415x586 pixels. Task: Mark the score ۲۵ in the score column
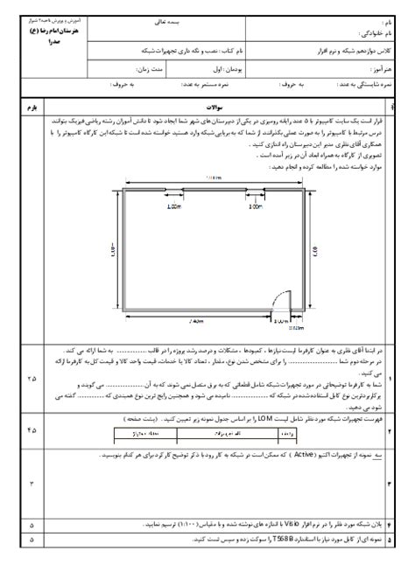32,379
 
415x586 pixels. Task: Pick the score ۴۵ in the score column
32,429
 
